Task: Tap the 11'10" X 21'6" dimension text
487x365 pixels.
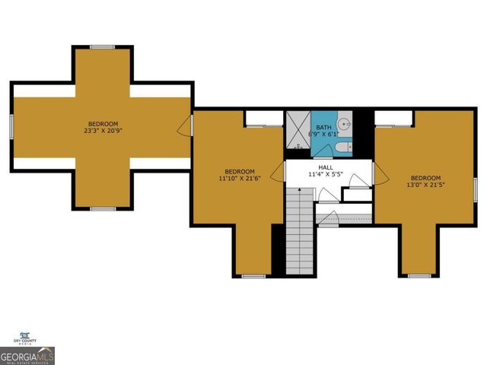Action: pyautogui.click(x=240, y=179)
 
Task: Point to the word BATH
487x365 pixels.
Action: pyautogui.click(x=324, y=127)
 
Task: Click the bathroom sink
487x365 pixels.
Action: pyautogui.click(x=344, y=122)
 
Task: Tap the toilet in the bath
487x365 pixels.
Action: pyautogui.click(x=342, y=147)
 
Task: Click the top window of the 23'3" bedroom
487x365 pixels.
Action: pyautogui.click(x=102, y=47)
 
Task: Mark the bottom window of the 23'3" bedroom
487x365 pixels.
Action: pyautogui.click(x=102, y=208)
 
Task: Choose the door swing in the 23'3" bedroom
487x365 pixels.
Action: pyautogui.click(x=185, y=126)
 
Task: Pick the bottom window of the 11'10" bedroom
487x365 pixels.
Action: pyautogui.click(x=253, y=276)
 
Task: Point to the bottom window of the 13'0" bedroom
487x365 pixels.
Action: pyautogui.click(x=419, y=275)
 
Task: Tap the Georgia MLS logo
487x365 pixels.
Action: pyautogui.click(x=27, y=355)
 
